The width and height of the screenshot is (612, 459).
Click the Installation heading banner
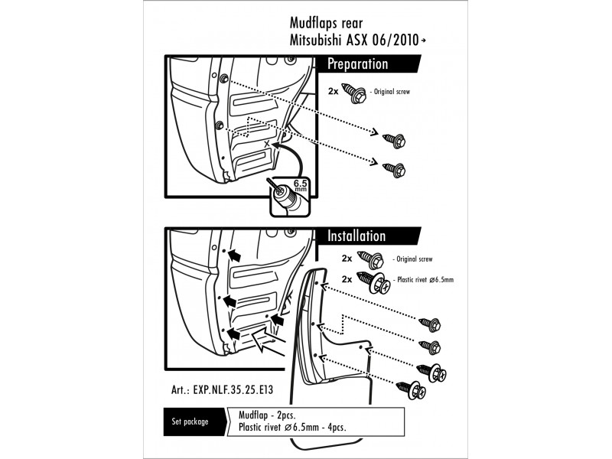tap(357, 236)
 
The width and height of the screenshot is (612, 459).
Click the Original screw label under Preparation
tap(395, 92)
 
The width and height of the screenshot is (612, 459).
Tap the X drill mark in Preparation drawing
tap(266, 143)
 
